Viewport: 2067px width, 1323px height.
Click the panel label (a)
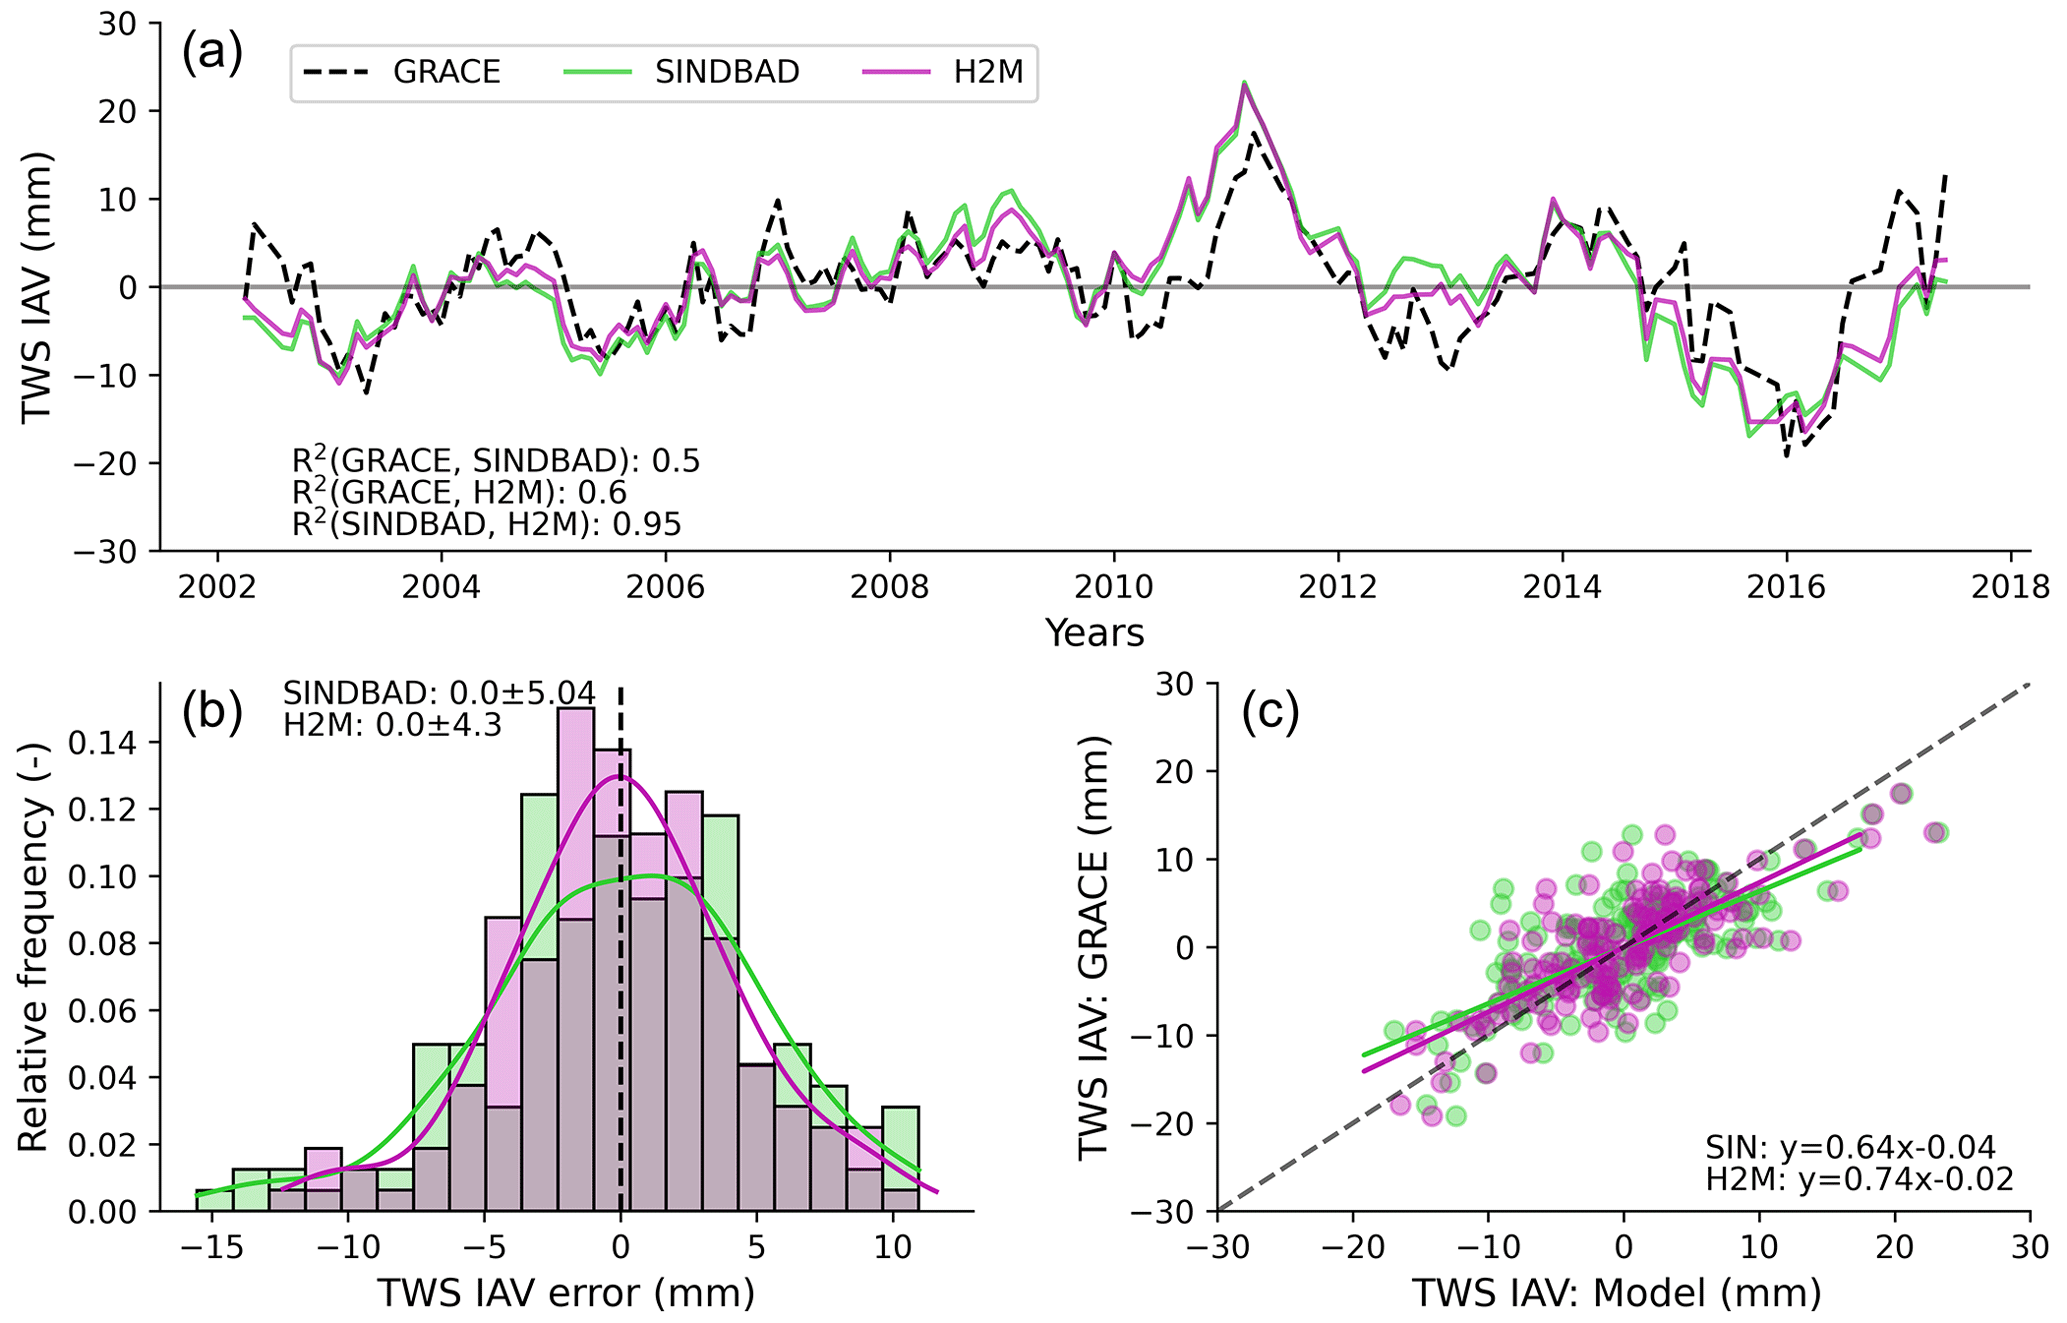point(212,54)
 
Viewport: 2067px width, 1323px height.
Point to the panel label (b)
point(212,712)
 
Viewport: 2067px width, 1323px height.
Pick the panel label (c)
point(1269,712)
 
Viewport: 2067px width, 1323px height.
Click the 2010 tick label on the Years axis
point(1113,587)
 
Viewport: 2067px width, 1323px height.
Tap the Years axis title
point(1094,633)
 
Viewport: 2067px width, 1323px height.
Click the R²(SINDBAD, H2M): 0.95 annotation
point(486,524)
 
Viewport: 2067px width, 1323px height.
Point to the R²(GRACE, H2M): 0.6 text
point(459,492)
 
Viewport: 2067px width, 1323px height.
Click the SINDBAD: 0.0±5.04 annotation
point(439,693)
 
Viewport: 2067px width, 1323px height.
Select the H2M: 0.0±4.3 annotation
point(392,724)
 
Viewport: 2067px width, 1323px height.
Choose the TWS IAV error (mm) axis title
point(566,1294)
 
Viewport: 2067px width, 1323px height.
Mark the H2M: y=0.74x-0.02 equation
point(1859,1180)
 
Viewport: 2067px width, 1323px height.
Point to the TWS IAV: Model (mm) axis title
point(1616,1294)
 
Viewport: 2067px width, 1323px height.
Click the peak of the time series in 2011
point(1244,84)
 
